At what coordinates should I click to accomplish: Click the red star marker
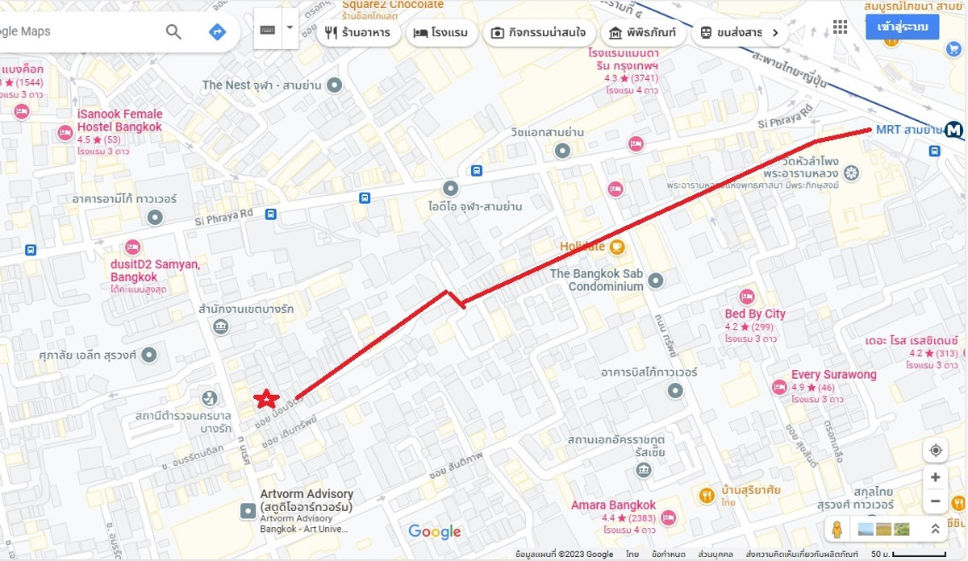point(266,398)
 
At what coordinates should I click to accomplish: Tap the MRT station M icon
point(955,129)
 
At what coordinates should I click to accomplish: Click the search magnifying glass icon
point(173,31)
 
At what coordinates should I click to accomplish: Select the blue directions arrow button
point(217,31)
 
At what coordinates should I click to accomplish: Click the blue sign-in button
point(902,27)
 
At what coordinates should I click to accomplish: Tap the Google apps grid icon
point(840,27)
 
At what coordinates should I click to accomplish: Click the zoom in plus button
point(935,477)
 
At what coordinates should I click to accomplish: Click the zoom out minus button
point(935,501)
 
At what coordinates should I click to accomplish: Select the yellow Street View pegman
point(837,530)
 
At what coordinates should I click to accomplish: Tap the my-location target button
point(935,450)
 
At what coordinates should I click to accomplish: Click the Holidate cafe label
point(582,246)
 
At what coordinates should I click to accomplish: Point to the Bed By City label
point(754,314)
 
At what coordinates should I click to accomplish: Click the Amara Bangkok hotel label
point(613,505)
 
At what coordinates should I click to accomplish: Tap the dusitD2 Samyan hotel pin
point(133,247)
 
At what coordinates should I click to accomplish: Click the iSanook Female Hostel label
point(119,121)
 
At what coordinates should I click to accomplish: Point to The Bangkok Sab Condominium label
point(596,280)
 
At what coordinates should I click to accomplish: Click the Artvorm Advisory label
point(307,500)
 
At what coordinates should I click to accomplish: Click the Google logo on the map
point(434,531)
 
